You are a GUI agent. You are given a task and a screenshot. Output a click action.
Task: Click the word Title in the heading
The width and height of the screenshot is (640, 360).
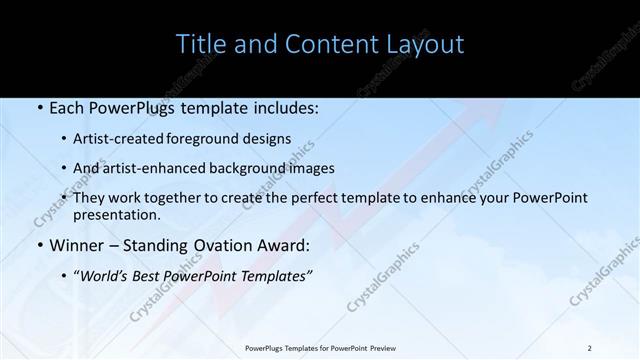[x=200, y=44]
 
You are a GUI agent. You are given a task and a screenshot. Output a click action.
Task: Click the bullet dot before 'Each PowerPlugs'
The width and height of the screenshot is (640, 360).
[x=38, y=108]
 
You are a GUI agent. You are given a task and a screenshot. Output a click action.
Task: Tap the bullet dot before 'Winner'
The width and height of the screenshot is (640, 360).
[x=38, y=245]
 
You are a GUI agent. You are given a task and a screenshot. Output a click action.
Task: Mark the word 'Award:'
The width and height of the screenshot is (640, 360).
[x=285, y=245]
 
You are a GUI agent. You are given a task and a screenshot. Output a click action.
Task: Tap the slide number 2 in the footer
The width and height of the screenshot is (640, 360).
[x=589, y=348]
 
